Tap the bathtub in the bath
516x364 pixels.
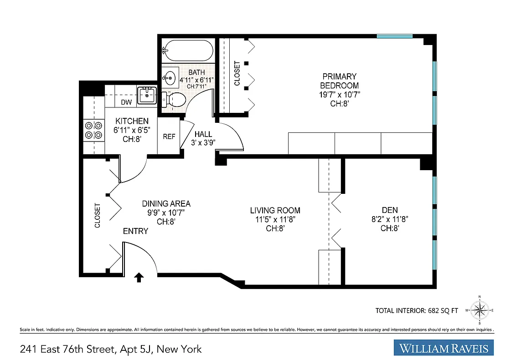[x=188, y=51]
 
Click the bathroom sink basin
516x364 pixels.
[x=170, y=78]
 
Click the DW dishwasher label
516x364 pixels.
[x=127, y=102]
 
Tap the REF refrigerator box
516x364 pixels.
[x=169, y=136]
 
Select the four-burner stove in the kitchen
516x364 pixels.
[x=93, y=130]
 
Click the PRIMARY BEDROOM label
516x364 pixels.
[x=339, y=81]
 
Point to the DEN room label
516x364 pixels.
[x=390, y=210]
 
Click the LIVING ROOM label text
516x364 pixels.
[x=275, y=210]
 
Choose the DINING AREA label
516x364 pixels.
[x=166, y=204]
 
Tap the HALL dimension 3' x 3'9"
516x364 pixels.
[x=203, y=142]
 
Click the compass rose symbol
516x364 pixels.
[x=479, y=310]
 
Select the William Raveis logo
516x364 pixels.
[x=444, y=349]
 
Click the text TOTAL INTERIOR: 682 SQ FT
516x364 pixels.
[x=417, y=311]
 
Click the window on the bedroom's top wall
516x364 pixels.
[x=395, y=36]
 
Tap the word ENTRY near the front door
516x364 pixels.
[x=135, y=231]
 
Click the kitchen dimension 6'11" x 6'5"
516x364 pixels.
[x=132, y=130]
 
